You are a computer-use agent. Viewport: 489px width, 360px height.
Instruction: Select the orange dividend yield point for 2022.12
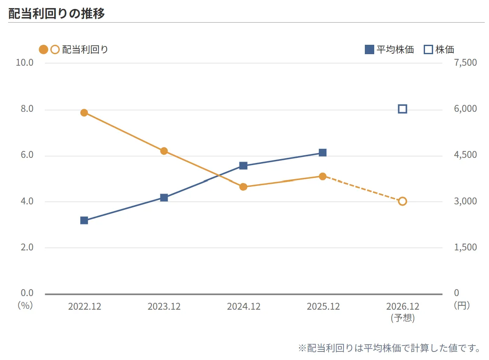(84, 113)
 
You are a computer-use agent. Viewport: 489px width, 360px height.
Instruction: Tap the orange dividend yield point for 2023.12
(164, 151)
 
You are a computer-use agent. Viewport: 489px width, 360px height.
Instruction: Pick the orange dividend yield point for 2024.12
(243, 186)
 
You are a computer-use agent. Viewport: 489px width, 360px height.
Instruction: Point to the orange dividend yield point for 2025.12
(323, 177)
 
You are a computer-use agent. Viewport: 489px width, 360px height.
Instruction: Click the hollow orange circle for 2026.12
(402, 201)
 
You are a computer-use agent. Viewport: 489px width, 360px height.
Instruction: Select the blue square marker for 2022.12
(84, 221)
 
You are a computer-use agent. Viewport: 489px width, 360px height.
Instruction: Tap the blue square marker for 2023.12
(164, 197)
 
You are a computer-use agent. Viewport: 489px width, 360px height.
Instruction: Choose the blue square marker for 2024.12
(243, 165)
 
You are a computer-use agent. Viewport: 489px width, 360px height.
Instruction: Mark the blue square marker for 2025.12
(323, 153)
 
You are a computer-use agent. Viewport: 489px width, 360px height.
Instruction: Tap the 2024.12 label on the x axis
(243, 306)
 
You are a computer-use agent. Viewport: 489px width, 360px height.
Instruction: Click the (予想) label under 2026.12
(402, 318)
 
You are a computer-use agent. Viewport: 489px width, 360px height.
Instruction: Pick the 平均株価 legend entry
(389, 49)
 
